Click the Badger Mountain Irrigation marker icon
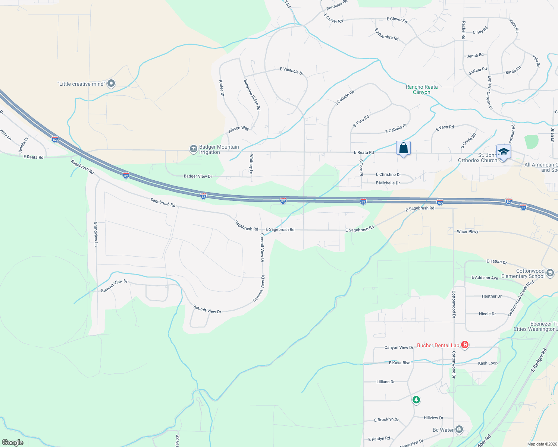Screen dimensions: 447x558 tap(193, 149)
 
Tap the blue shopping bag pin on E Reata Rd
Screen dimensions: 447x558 tap(403, 148)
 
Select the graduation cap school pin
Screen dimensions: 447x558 tap(503, 152)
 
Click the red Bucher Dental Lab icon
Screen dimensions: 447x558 tap(464, 345)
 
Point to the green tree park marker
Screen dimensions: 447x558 tap(416, 400)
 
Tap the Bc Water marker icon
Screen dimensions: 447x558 tap(459, 429)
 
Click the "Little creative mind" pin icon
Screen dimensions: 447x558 tap(111, 84)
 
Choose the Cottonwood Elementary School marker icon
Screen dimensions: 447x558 tap(550, 273)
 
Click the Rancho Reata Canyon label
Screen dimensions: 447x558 tap(421, 89)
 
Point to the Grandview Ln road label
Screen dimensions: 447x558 tap(96, 234)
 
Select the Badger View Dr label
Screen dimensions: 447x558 tap(198, 176)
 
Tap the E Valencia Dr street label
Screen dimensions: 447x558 tap(292, 70)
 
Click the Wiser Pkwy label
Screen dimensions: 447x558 tap(467, 232)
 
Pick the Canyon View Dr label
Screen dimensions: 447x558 tap(399, 348)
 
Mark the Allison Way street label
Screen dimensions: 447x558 tap(239, 129)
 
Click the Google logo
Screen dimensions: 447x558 tap(13, 443)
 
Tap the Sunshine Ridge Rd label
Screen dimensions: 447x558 tap(252, 95)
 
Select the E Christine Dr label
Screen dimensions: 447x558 tap(388, 174)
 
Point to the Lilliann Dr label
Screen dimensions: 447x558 tap(385, 382)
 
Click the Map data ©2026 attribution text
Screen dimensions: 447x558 tap(540, 444)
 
